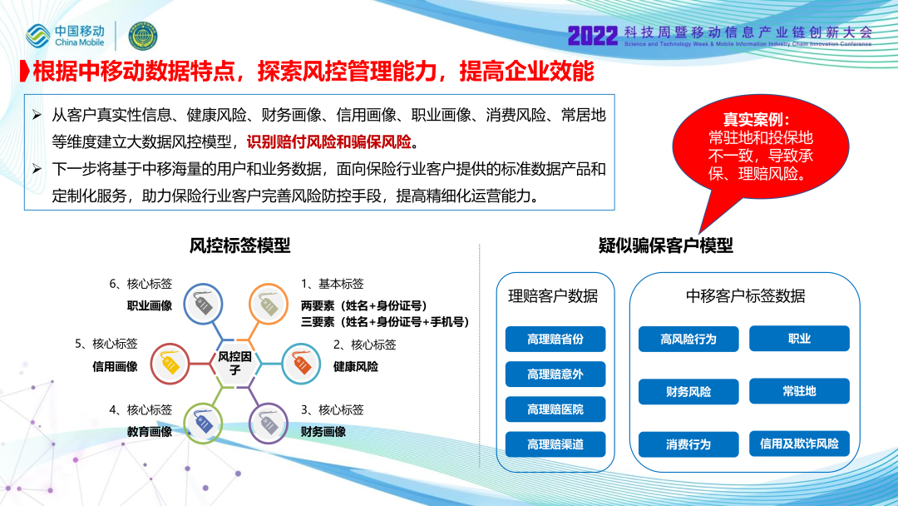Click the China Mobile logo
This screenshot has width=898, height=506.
click(66, 36)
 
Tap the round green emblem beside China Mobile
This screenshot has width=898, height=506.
click(143, 36)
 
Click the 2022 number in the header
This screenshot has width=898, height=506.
click(593, 36)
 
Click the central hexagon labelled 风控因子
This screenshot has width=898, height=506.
click(234, 364)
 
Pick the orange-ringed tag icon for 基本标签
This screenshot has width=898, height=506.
click(268, 304)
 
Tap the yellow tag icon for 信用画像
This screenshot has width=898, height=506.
click(170, 364)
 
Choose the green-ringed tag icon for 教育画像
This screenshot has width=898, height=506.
click(204, 424)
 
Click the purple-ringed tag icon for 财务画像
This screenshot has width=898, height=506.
click(269, 424)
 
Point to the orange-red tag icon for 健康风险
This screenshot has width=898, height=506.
click(301, 364)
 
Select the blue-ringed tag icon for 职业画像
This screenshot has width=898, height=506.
click(204, 304)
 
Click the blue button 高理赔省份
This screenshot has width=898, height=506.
click(555, 340)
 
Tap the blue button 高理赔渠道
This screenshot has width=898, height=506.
click(555, 444)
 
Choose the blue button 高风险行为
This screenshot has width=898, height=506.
click(688, 340)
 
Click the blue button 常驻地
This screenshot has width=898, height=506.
click(800, 391)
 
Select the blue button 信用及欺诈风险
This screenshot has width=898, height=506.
click(800, 444)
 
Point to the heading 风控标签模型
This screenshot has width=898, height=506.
click(240, 246)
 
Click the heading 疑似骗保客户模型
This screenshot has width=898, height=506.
click(666, 246)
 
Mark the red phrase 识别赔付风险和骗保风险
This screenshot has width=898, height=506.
click(329, 141)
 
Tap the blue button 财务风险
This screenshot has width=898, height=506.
click(688, 391)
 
